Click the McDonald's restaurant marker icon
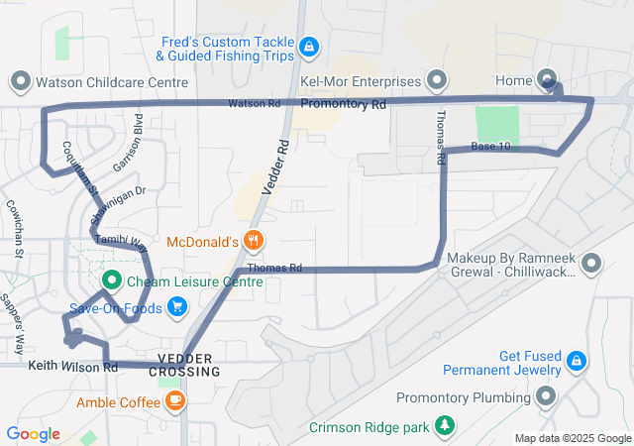pyautogui.click(x=255, y=241)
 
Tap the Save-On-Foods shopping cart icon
pyautogui.click(x=177, y=306)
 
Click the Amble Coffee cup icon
pyautogui.click(x=175, y=401)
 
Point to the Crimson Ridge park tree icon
pyautogui.click(x=447, y=427)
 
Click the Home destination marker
pyautogui.click(x=548, y=79)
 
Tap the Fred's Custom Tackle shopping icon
pyautogui.click(x=309, y=46)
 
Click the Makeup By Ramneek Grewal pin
pyautogui.click(x=592, y=264)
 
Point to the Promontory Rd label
pyautogui.click(x=343, y=104)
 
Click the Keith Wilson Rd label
pyautogui.click(x=73, y=367)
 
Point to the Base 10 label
pyautogui.click(x=491, y=147)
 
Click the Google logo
pyautogui.click(x=33, y=434)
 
